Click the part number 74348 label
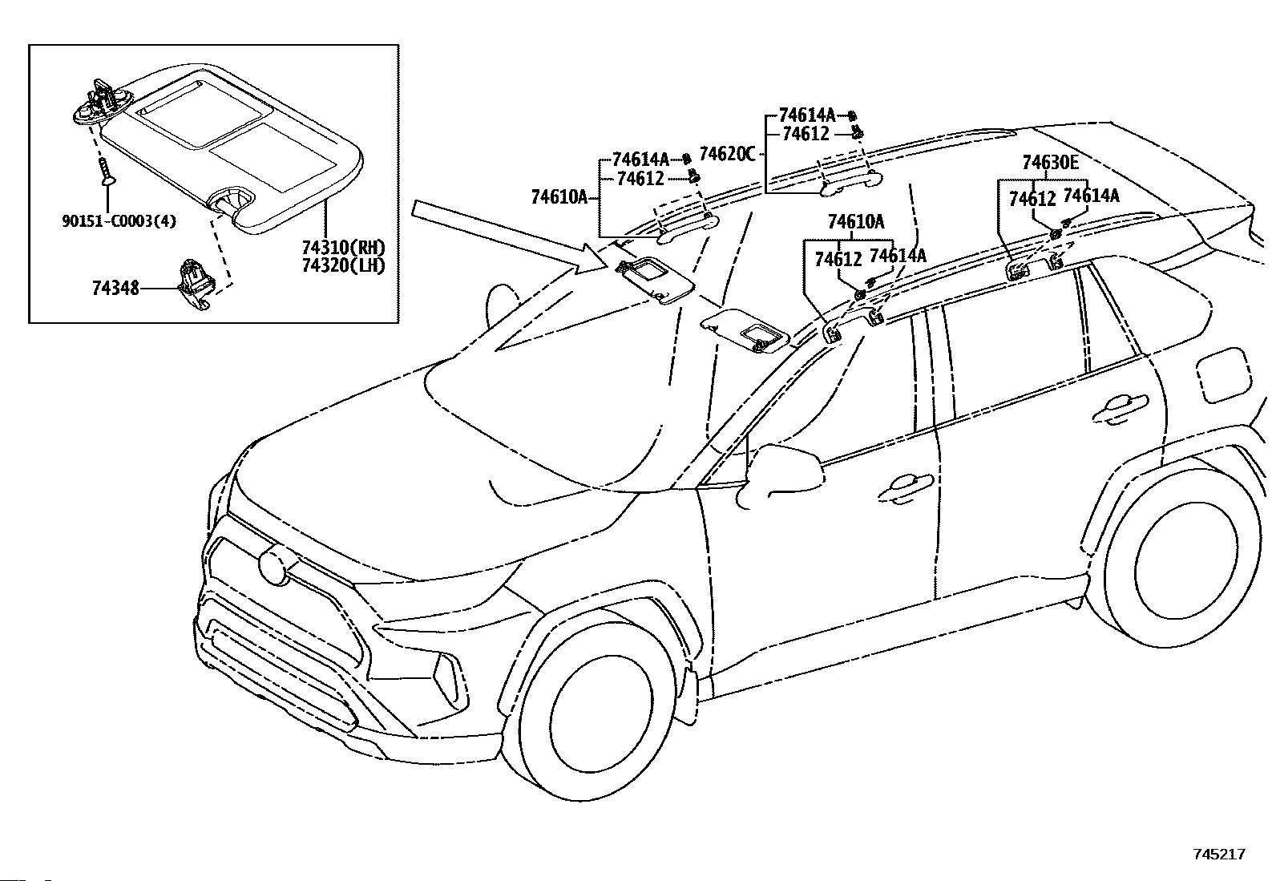point(115,289)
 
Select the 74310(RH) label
point(344,248)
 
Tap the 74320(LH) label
point(344,265)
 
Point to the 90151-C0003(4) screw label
point(119,220)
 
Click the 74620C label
point(728,154)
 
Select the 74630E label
point(1051,163)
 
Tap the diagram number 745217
point(1219,854)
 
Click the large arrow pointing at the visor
point(509,237)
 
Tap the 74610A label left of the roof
point(559,197)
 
